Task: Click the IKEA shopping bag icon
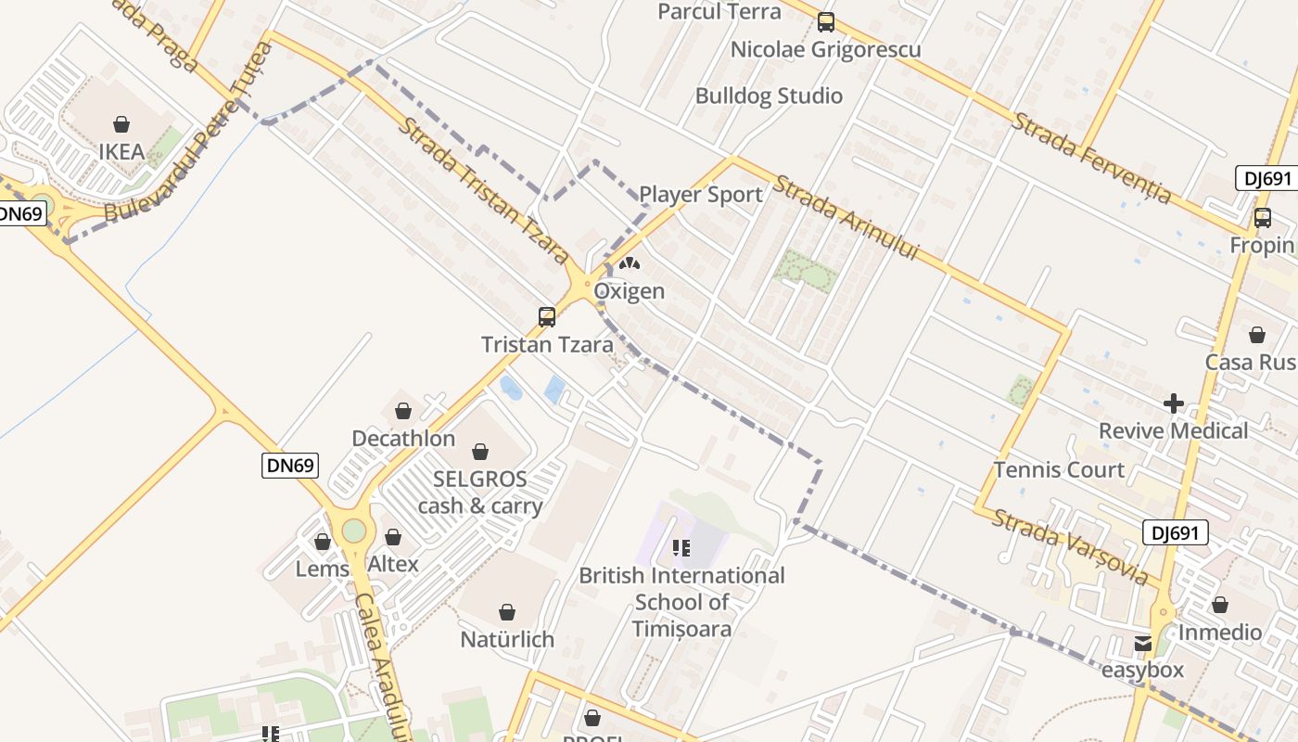[121, 124]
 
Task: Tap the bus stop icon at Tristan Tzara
[547, 317]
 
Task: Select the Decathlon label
[403, 438]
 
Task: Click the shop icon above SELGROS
[479, 452]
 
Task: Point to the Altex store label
[393, 564]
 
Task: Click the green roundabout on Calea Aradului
[354, 531]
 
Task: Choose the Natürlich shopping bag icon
[506, 612]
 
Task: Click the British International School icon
[681, 548]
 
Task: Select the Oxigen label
[629, 291]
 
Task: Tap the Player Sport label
[701, 195]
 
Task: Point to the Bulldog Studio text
[769, 96]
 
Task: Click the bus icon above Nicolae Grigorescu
[825, 22]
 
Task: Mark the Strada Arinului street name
[845, 218]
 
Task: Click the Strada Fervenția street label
[1092, 158]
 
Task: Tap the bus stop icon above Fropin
[1262, 218]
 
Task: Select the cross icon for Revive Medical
[1174, 403]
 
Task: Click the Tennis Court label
[1059, 470]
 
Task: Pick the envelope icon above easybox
[1142, 643]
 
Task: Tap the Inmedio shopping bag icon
[1220, 605]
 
